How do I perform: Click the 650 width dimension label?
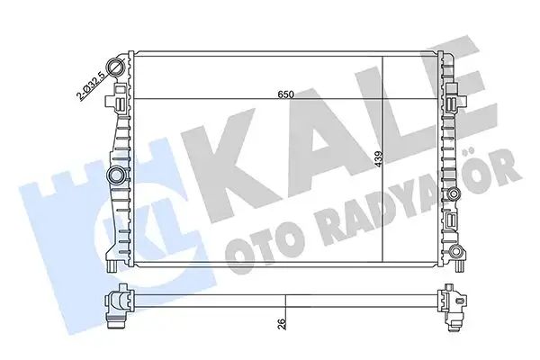286,93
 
